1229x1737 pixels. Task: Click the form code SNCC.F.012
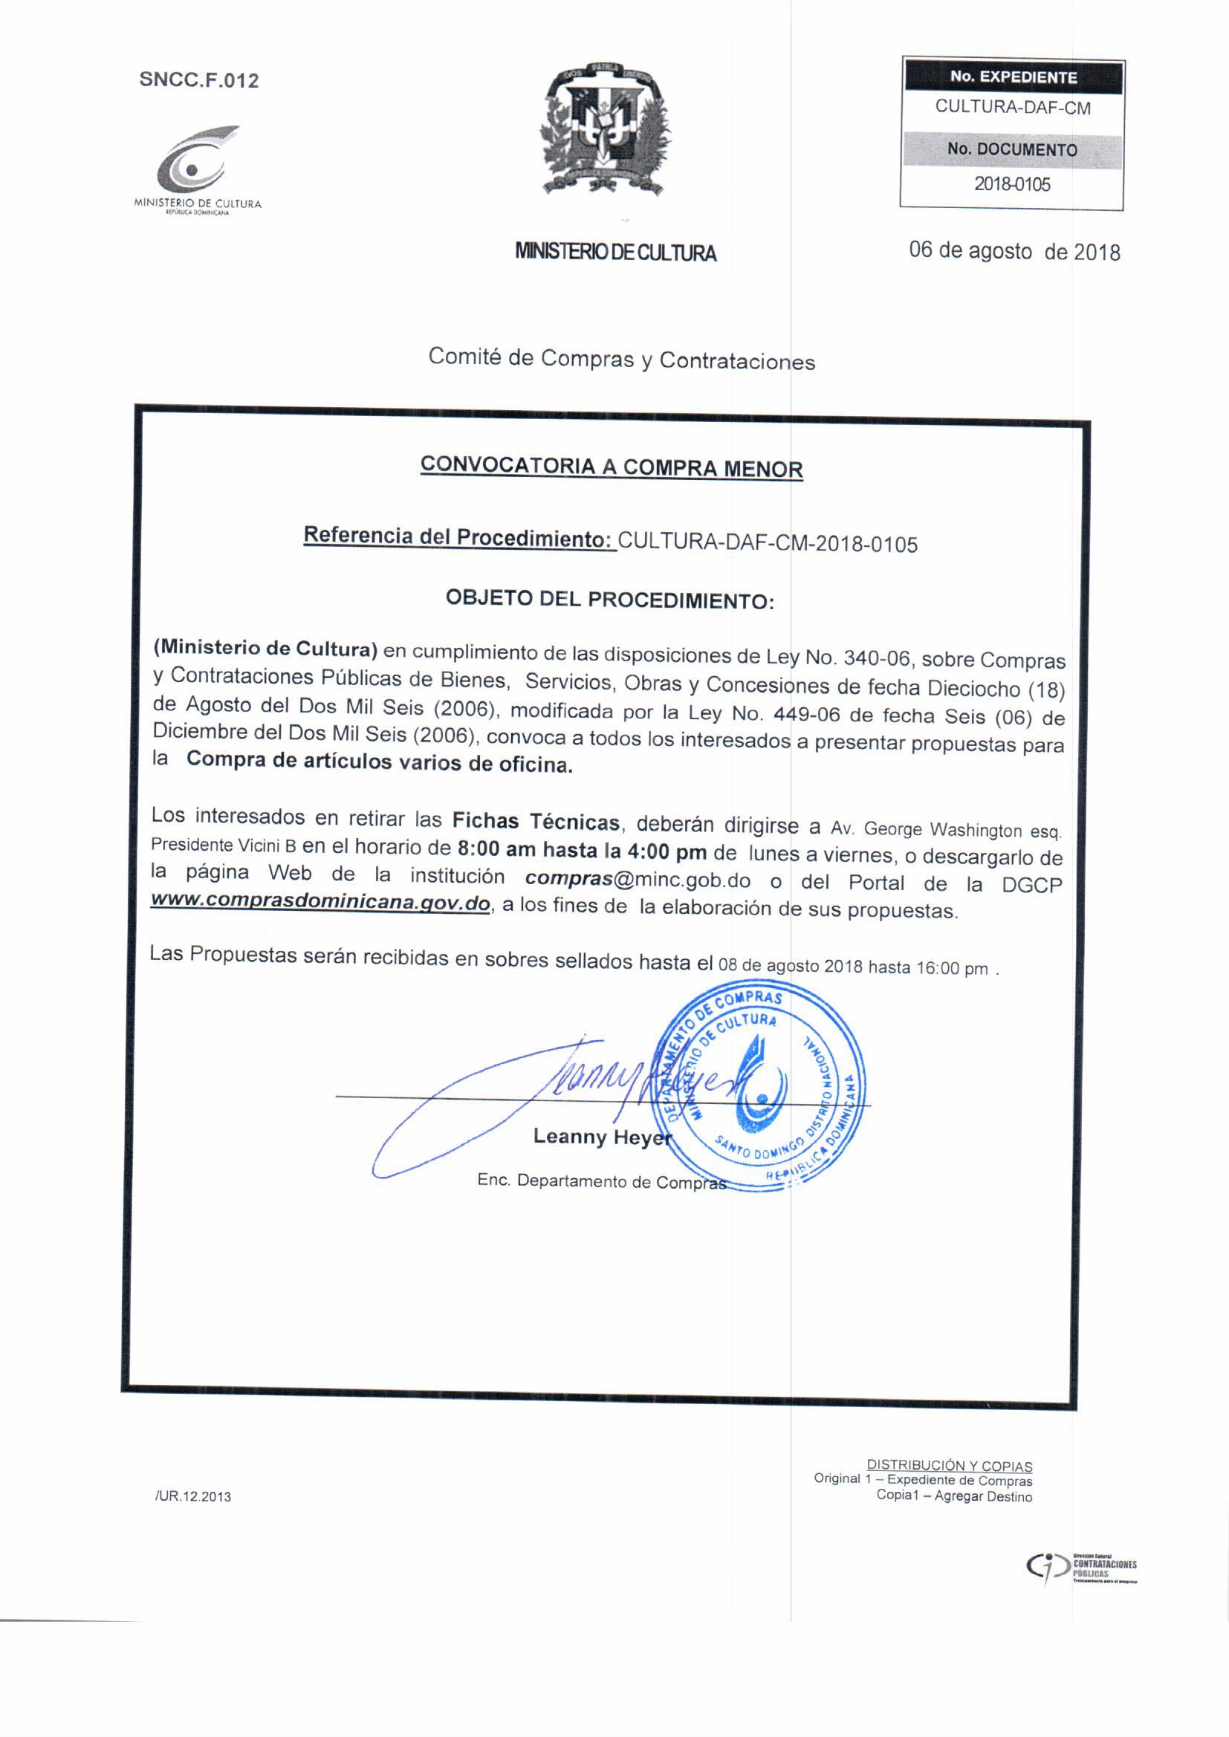[199, 80]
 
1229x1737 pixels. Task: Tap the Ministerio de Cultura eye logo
[195, 161]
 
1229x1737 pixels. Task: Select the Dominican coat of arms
[606, 129]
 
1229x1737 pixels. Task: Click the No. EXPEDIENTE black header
[1013, 77]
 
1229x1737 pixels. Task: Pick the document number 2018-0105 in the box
[1012, 184]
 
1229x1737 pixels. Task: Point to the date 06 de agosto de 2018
[1014, 251]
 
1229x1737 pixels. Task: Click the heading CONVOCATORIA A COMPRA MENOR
[612, 466]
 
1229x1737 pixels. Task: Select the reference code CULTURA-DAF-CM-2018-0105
[768, 542]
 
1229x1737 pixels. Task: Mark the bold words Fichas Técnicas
[536, 821]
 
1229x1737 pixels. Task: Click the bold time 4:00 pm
[667, 851]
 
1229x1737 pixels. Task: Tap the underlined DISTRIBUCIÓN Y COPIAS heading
[949, 1465]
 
